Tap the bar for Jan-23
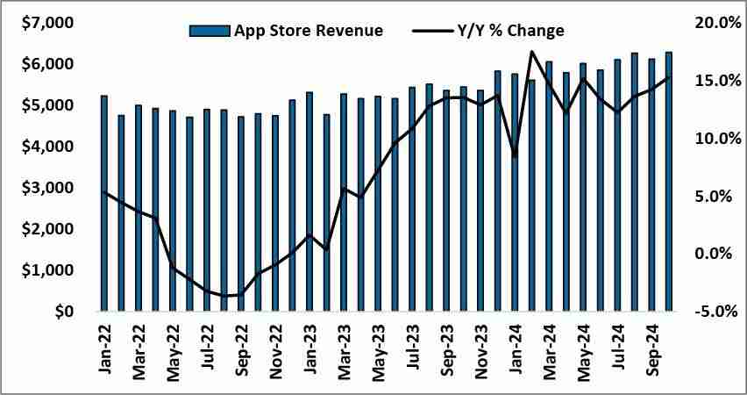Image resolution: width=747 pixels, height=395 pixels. pyautogui.click(x=309, y=201)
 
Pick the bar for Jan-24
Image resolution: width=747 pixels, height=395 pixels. pyautogui.click(x=515, y=192)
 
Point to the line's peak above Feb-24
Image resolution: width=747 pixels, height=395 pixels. pyautogui.click(x=532, y=52)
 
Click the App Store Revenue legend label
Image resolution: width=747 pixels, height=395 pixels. pyautogui.click(x=308, y=31)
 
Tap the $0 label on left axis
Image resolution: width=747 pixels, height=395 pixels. pyautogui.click(x=61, y=312)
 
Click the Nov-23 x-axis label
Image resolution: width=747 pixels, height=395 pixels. pyautogui.click(x=481, y=346)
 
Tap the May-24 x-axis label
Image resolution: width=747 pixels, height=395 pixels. pyautogui.click(x=584, y=346)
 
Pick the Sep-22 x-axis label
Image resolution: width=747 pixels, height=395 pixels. pyautogui.click(x=242, y=346)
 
